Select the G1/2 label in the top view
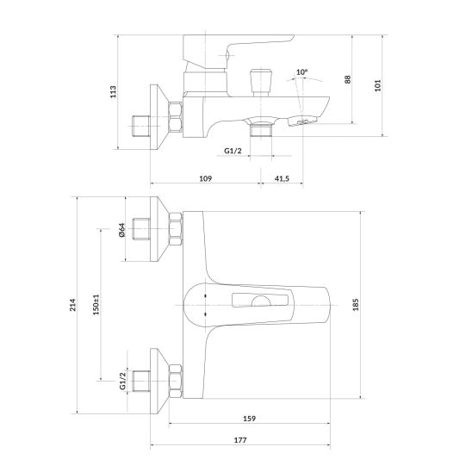[233, 151]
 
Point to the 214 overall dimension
[70, 304]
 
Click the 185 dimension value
[377, 304]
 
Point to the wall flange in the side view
[159, 116]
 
